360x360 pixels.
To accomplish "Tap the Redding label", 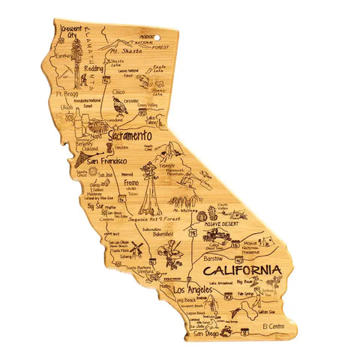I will coord(94,68).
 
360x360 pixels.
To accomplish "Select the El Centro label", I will coord(276,325).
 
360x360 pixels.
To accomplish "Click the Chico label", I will coord(118,91).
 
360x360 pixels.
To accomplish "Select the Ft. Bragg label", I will coord(67,94).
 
